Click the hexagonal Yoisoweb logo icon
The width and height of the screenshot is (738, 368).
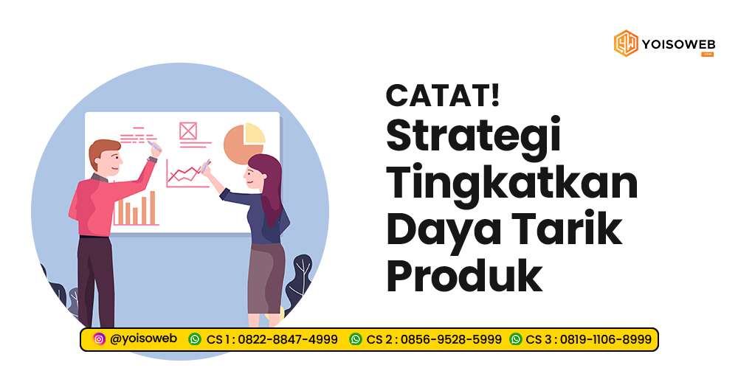coord(626,43)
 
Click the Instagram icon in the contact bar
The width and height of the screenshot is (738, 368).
coord(99,339)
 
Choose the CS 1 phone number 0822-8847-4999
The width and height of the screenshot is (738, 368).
coord(289,339)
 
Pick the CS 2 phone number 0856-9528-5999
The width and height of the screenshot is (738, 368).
coord(450,339)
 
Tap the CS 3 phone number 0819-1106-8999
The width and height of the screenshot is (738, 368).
coord(606,339)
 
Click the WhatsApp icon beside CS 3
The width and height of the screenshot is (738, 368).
coord(516,339)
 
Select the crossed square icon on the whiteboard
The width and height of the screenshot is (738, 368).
coord(188,131)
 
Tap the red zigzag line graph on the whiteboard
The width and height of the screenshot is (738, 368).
coord(184,174)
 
